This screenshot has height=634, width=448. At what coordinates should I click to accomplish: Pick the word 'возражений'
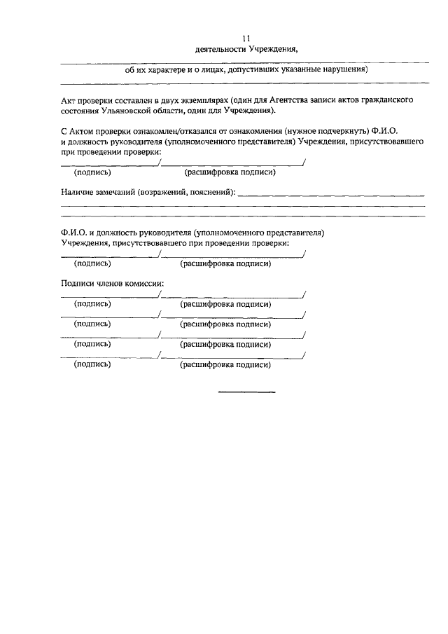point(163,191)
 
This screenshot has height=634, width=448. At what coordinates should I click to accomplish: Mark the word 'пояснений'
point(212,191)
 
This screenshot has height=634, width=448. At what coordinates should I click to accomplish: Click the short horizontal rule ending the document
point(247,392)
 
